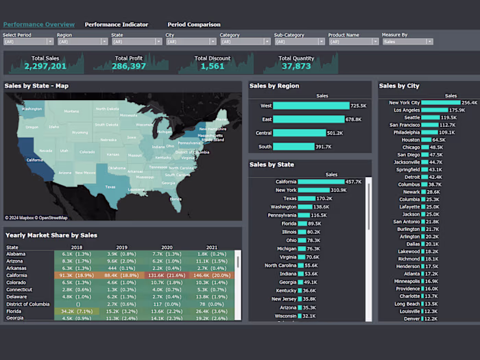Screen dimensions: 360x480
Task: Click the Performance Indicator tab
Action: [116, 25]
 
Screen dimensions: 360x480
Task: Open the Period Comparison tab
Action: [194, 25]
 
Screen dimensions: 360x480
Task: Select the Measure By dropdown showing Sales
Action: [407, 42]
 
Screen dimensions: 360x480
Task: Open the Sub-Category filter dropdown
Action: [298, 42]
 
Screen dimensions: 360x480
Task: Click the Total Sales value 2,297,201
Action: [45, 67]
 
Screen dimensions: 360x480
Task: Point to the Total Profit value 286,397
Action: [129, 67]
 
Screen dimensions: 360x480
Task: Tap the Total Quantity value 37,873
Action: [296, 67]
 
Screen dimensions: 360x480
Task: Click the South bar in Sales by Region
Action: [294, 147]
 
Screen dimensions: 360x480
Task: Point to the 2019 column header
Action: [122, 248]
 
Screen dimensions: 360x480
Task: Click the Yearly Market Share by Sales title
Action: [51, 235]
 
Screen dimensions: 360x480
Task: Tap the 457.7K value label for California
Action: [354, 182]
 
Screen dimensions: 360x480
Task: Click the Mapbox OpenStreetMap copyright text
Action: [36, 218]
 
